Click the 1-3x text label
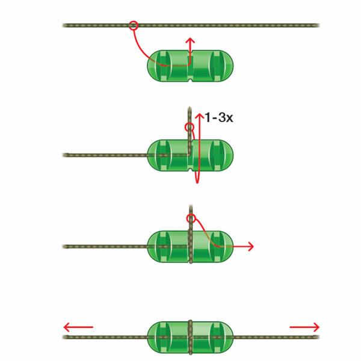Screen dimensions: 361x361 pos(219,117)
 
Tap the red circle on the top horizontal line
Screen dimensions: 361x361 pos(134,25)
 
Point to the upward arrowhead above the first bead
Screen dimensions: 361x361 pos(190,40)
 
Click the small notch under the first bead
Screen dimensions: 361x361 pos(190,80)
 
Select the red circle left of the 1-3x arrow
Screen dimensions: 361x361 pos(190,127)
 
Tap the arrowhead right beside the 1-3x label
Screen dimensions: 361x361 pos(200,116)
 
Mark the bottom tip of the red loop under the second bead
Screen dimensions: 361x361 pos(197,182)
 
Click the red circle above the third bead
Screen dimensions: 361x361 pos(191,218)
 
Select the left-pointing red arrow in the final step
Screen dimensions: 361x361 pos(78,327)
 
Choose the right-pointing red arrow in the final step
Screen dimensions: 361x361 pos(304,327)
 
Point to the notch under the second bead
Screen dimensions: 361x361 pos(190,170)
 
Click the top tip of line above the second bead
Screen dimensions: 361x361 pos(190,107)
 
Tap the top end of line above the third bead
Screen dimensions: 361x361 pos(191,205)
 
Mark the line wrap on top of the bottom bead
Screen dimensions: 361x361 pos(190,322)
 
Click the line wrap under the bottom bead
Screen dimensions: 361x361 pos(190,353)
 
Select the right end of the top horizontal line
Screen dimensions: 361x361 pos(319,25)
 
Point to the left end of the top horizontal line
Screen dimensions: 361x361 pos(63,25)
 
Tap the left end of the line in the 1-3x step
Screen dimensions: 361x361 pos(63,155)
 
